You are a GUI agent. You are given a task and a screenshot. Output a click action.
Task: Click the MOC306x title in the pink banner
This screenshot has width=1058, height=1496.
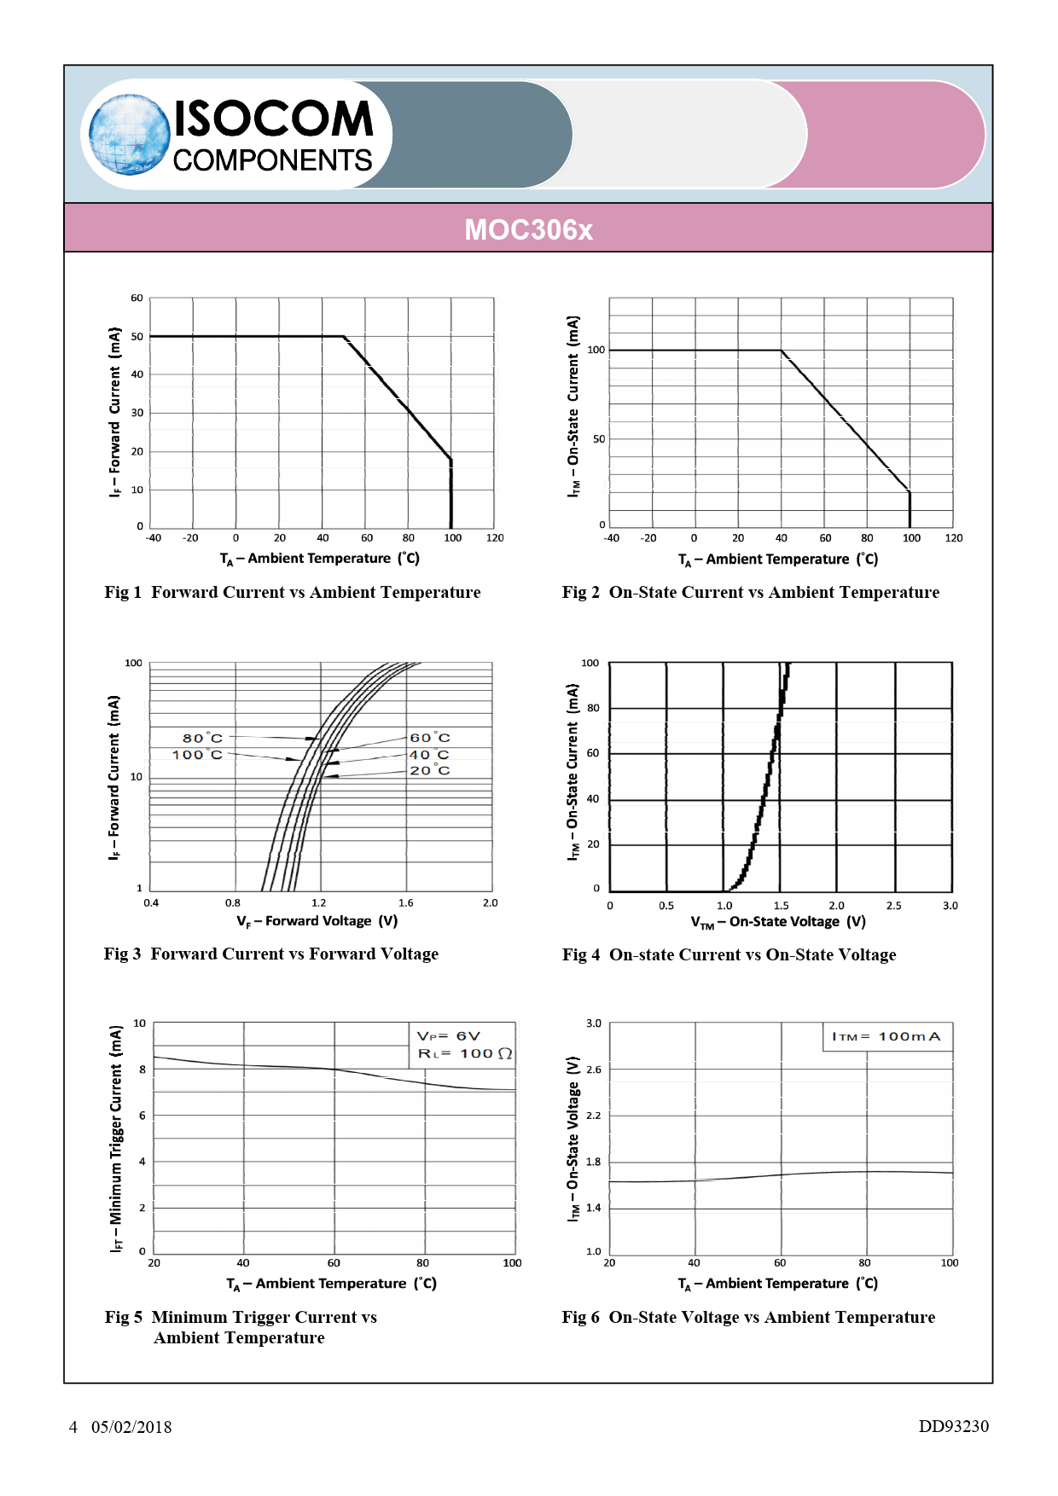tap(528, 229)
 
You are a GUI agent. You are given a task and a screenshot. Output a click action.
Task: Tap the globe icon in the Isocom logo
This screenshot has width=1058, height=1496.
tap(129, 135)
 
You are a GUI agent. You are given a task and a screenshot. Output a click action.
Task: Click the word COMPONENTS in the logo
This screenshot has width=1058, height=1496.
tap(272, 160)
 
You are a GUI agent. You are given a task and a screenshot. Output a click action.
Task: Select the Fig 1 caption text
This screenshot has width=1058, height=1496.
tap(293, 592)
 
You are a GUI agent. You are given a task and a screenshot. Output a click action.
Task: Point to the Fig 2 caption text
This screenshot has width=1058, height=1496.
tap(750, 592)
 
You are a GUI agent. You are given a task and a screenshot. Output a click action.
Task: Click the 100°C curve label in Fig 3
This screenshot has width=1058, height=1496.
tap(197, 755)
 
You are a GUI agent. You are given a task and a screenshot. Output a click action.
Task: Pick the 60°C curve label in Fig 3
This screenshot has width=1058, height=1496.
tap(429, 738)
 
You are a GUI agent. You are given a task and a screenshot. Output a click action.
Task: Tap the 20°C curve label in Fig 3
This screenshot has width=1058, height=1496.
tap(429, 770)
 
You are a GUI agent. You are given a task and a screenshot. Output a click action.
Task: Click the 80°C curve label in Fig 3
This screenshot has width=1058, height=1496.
tap(202, 738)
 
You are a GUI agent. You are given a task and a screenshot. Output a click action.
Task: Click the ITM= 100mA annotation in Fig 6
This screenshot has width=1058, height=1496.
tap(886, 1036)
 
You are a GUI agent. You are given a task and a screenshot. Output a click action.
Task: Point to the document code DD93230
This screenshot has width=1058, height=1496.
tap(953, 1426)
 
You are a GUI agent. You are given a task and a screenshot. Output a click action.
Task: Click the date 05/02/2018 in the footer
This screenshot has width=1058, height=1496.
tap(131, 1427)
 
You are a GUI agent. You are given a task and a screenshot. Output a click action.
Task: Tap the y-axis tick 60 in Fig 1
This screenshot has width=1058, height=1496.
tap(137, 299)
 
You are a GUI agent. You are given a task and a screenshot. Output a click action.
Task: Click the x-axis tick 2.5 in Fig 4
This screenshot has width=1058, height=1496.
tap(893, 906)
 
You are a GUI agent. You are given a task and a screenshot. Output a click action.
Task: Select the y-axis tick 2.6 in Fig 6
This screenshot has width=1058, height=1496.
tap(594, 1069)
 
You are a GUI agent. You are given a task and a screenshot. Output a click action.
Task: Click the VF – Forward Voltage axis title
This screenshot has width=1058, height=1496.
tap(317, 921)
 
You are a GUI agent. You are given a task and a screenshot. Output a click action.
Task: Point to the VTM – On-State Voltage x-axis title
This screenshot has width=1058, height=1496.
tap(777, 922)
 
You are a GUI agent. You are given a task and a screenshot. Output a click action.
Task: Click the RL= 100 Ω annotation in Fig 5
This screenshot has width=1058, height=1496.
tap(464, 1053)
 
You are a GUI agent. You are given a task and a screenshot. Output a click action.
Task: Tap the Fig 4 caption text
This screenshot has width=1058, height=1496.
tap(729, 954)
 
